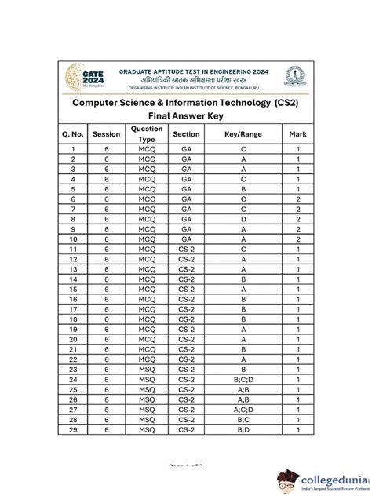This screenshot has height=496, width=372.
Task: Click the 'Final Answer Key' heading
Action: click(186, 115)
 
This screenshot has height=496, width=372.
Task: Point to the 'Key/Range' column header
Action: click(243, 134)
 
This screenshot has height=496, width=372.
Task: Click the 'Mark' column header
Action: click(297, 134)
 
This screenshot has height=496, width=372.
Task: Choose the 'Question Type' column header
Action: click(147, 134)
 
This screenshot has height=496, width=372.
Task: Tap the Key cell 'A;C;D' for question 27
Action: click(243, 410)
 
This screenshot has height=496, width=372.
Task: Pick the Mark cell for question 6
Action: click(297, 199)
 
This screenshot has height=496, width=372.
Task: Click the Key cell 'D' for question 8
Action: click(243, 219)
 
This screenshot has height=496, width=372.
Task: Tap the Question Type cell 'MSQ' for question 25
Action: click(147, 388)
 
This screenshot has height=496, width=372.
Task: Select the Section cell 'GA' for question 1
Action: click(186, 148)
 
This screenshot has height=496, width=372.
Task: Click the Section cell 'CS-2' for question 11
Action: click(186, 249)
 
